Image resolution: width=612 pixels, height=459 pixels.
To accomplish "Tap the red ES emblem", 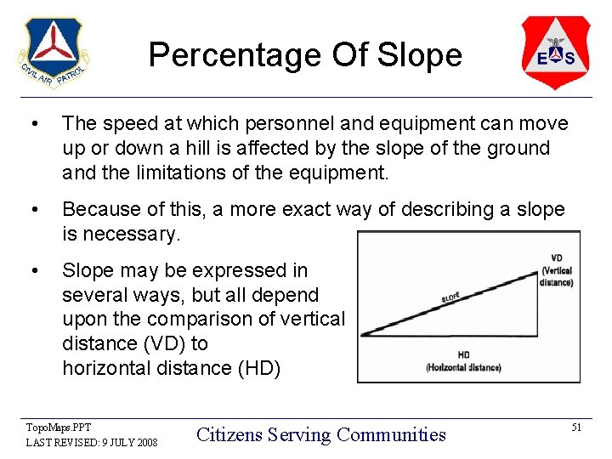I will coord(556,52).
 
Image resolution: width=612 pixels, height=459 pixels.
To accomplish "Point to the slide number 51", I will coord(576,428).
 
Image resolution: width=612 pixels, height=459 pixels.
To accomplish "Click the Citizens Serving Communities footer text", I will coord(320,434).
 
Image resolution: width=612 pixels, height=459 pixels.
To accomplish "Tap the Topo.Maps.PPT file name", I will coord(59,427).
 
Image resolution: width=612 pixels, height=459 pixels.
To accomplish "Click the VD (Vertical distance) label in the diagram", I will coord(557,270).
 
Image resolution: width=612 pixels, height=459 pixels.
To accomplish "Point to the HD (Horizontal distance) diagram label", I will coord(463,361).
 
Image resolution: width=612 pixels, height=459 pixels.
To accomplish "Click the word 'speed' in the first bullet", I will coord(127,124).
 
